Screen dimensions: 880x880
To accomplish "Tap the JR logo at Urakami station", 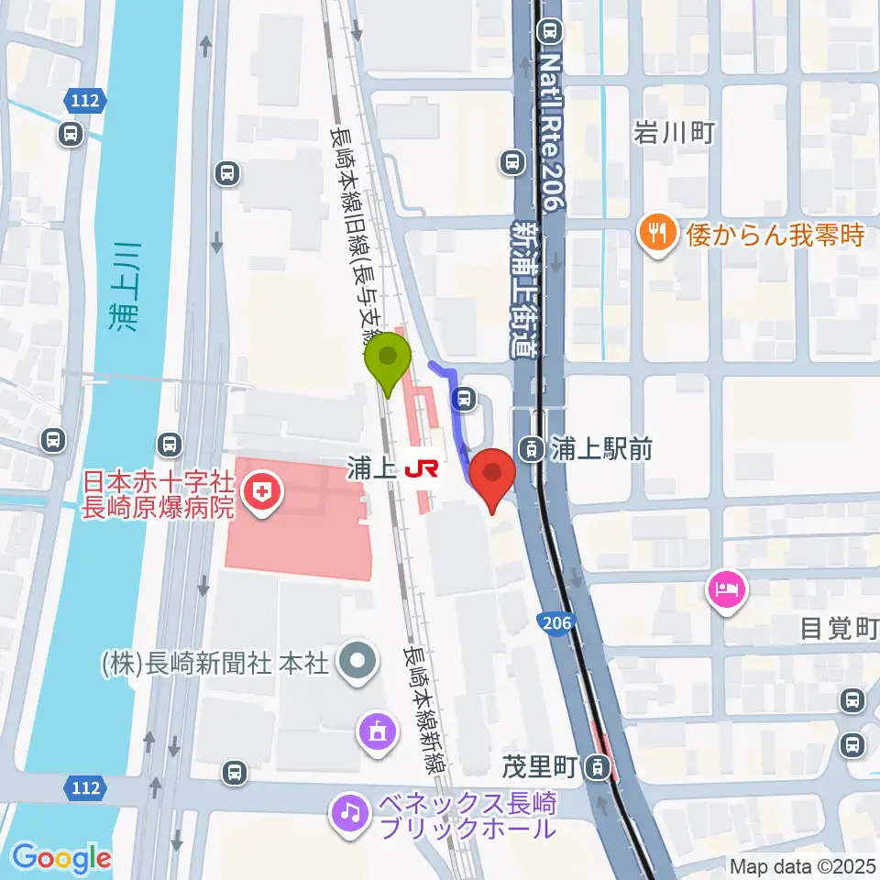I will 421,469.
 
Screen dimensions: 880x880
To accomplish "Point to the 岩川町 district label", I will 674,134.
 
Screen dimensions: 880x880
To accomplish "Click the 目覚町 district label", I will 839,628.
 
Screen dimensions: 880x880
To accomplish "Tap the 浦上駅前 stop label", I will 600,449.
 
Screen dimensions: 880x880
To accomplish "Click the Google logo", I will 61,858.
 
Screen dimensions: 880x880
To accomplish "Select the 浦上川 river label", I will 125,283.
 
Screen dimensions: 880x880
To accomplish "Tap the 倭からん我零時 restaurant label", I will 775,235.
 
